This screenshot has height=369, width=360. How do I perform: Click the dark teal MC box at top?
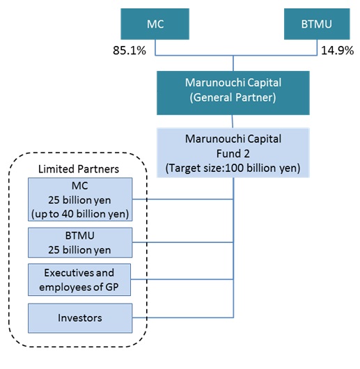coord(155,24)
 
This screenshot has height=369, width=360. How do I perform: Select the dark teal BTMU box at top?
coord(317,24)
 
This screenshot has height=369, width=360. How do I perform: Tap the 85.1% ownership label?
coord(130,50)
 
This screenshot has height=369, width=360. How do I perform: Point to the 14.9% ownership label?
coord(337,50)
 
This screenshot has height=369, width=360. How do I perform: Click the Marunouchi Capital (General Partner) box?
coord(233,93)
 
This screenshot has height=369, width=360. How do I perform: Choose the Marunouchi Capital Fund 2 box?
coord(233,152)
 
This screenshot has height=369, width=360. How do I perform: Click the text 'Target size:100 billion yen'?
coord(233,168)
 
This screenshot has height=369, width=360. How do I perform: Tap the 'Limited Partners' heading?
coord(79,169)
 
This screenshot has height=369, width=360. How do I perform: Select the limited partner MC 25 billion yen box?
coord(80,199)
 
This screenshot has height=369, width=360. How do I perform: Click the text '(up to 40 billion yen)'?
coord(80,214)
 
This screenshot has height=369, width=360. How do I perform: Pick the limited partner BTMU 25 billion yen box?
coord(80,242)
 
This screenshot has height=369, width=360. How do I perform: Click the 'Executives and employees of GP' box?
coord(79,280)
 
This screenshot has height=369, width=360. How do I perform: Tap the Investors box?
coord(80,318)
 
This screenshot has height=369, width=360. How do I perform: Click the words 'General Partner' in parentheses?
coord(233,97)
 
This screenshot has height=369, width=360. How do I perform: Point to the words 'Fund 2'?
coord(233,154)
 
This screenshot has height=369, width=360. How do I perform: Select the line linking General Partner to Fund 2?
coord(233,121)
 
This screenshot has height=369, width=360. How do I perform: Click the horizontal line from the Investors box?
coord(183,317)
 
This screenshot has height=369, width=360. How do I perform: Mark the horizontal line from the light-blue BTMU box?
coord(183,242)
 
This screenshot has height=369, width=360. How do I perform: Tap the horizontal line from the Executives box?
coord(182,279)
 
